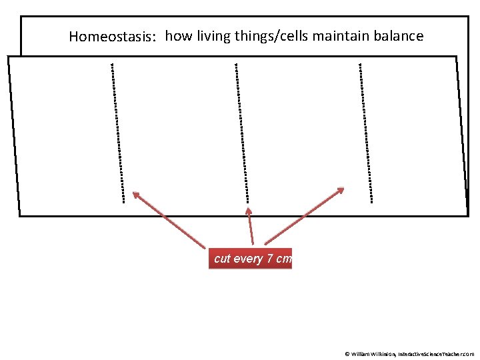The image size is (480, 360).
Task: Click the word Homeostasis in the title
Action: coord(112,37)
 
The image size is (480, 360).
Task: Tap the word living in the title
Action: coord(210,36)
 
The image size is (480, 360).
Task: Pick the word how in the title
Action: coord(177,36)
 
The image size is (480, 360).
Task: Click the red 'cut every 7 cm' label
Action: coord(250,259)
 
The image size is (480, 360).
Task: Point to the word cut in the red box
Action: coord(222,259)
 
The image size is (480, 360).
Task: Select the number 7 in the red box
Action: coord(269,259)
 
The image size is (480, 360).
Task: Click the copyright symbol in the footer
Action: coord(347,354)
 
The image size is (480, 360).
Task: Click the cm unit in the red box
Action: coord(283,259)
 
